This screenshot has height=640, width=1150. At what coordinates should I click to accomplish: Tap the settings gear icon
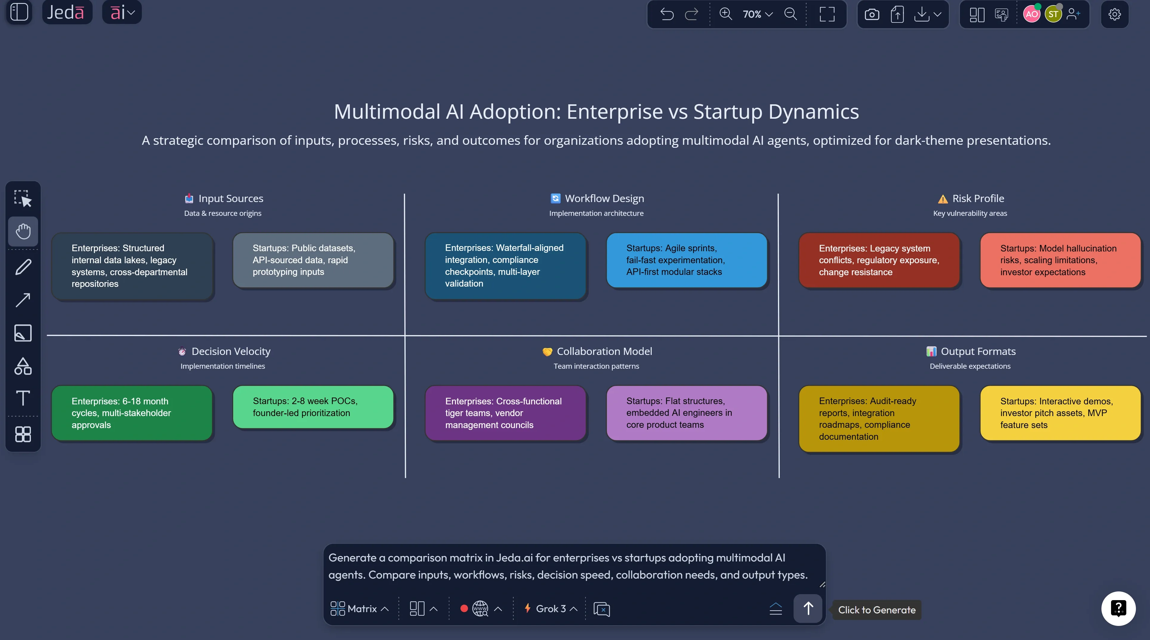point(1114,14)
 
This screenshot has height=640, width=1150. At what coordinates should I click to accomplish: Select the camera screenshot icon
point(871,15)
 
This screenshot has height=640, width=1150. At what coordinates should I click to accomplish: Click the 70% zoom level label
point(752,14)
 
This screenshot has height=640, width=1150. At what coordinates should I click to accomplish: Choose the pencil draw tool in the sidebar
point(23,267)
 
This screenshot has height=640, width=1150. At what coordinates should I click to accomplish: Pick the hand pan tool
point(23,231)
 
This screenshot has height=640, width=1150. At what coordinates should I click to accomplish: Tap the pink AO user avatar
point(1031,14)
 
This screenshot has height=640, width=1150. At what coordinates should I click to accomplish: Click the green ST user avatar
point(1053,14)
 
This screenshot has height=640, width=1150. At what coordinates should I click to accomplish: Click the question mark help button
point(1118,608)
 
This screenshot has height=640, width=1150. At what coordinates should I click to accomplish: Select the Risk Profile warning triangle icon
point(943,199)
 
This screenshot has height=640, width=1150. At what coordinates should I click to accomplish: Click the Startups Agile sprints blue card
point(687,260)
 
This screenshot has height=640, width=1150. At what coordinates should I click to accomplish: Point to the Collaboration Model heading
point(604,351)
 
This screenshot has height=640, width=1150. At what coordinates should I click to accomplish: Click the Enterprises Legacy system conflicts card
point(879,260)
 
